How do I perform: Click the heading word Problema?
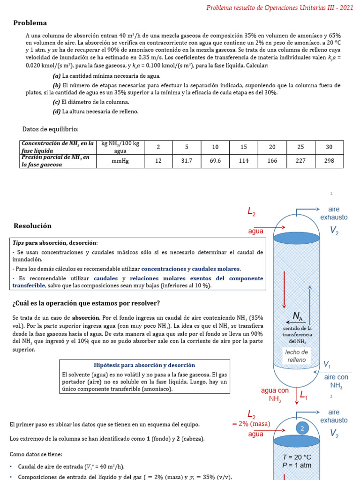click(x=30, y=23)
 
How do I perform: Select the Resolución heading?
click(x=32, y=225)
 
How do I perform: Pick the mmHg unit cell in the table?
click(x=120, y=161)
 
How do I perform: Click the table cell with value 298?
click(x=329, y=161)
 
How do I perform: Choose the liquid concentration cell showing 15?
click(x=243, y=147)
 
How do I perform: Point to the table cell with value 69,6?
click(x=215, y=161)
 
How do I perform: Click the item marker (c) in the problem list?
click(x=56, y=102)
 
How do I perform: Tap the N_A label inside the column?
click(x=298, y=317)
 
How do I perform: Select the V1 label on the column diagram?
click(x=327, y=364)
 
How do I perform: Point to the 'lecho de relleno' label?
click(x=296, y=356)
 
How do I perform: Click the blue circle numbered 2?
click(x=302, y=428)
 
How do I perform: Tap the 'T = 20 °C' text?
click(x=297, y=457)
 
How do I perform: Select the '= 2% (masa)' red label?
click(x=251, y=424)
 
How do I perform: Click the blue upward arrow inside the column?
click(x=309, y=304)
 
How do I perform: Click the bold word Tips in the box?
click(x=18, y=243)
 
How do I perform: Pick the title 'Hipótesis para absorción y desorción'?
click(x=144, y=365)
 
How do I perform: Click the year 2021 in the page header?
click(x=346, y=8)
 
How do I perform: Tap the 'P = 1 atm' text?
click(x=297, y=465)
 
